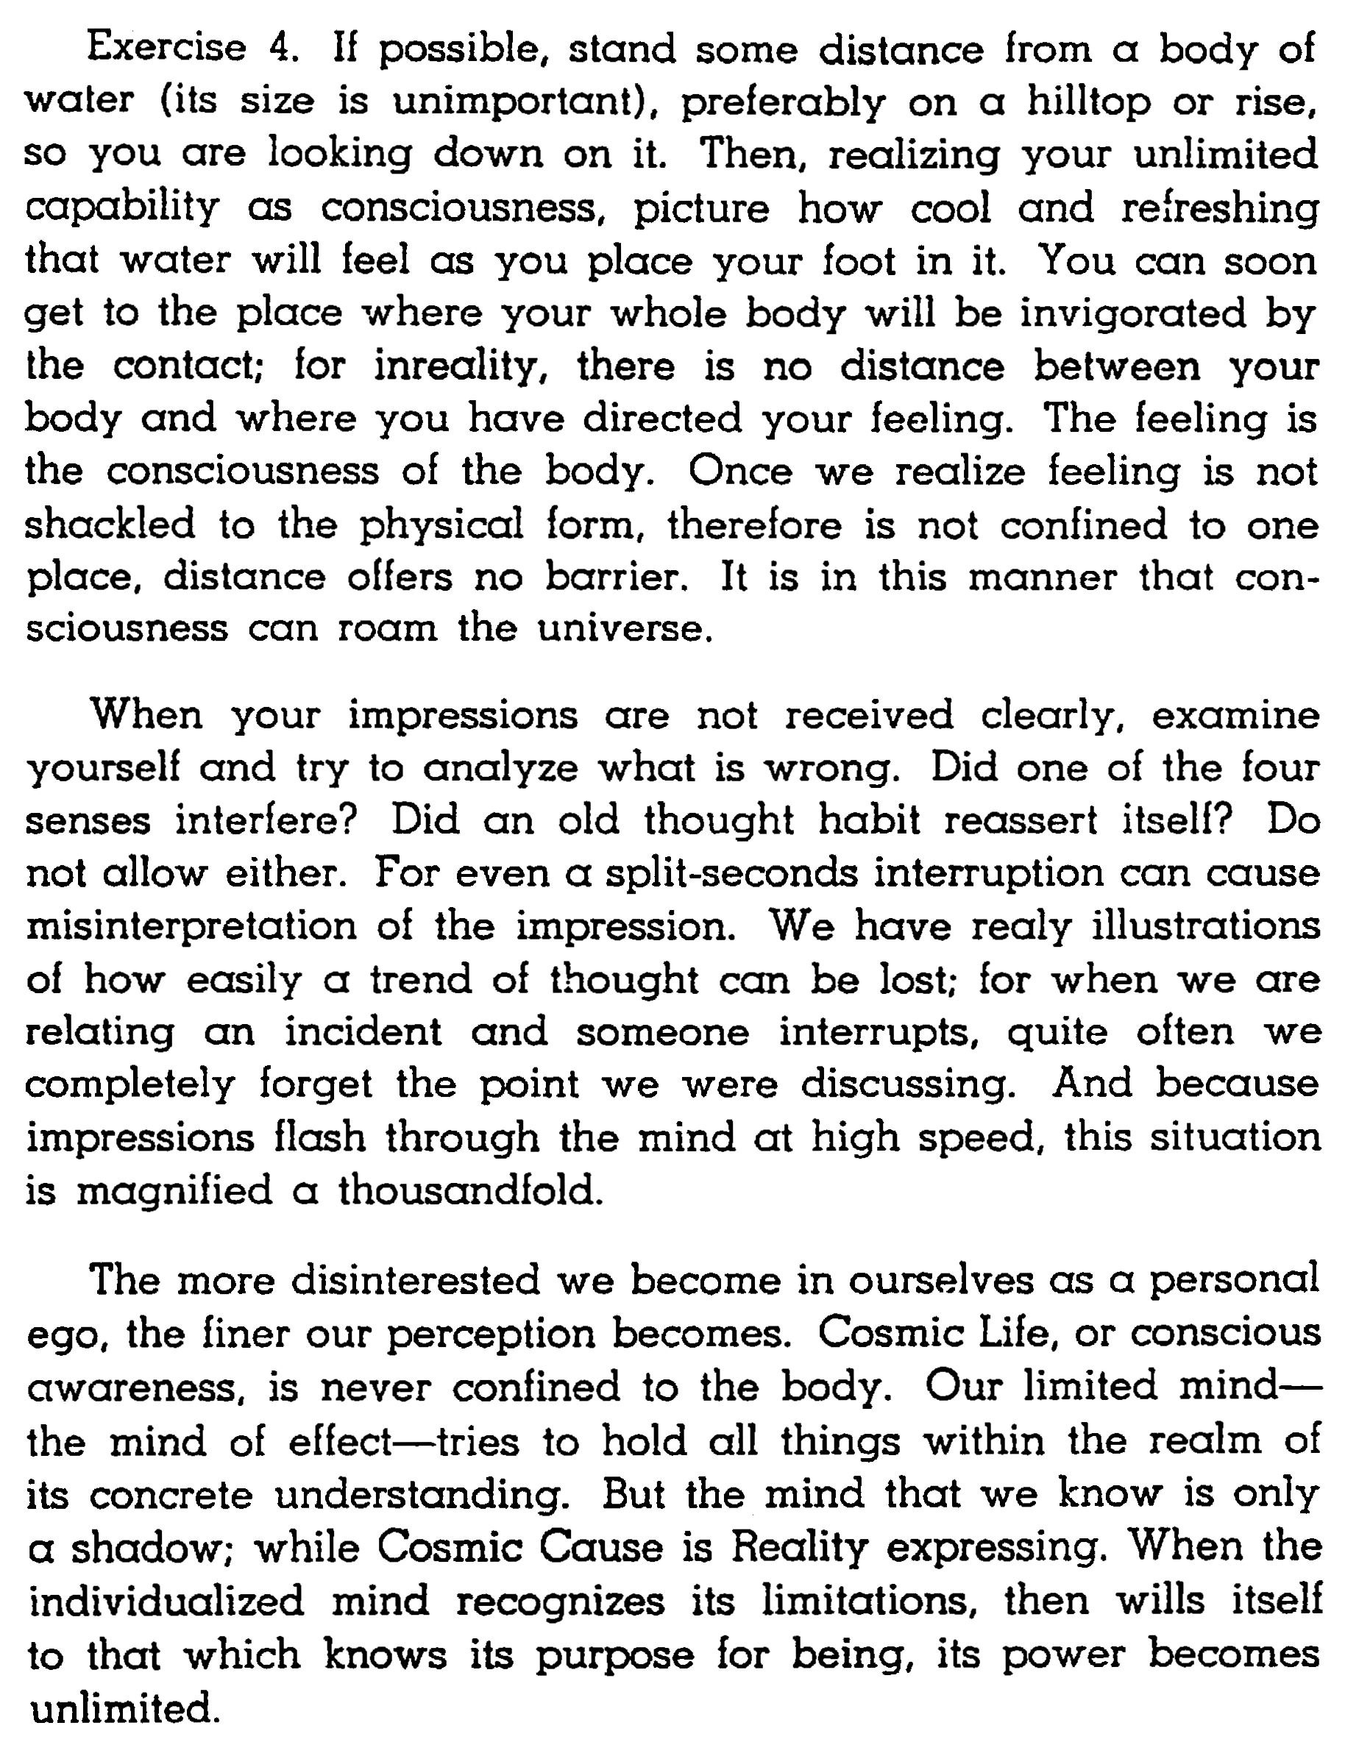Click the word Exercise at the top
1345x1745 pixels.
pyautogui.click(x=166, y=48)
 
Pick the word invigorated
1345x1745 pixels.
pyautogui.click(x=1132, y=313)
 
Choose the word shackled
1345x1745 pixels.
pyautogui.click(x=110, y=524)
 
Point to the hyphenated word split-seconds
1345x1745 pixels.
pyautogui.click(x=731, y=872)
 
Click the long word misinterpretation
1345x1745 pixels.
pyautogui.click(x=191, y=926)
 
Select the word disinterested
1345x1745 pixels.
pyautogui.click(x=416, y=1280)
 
